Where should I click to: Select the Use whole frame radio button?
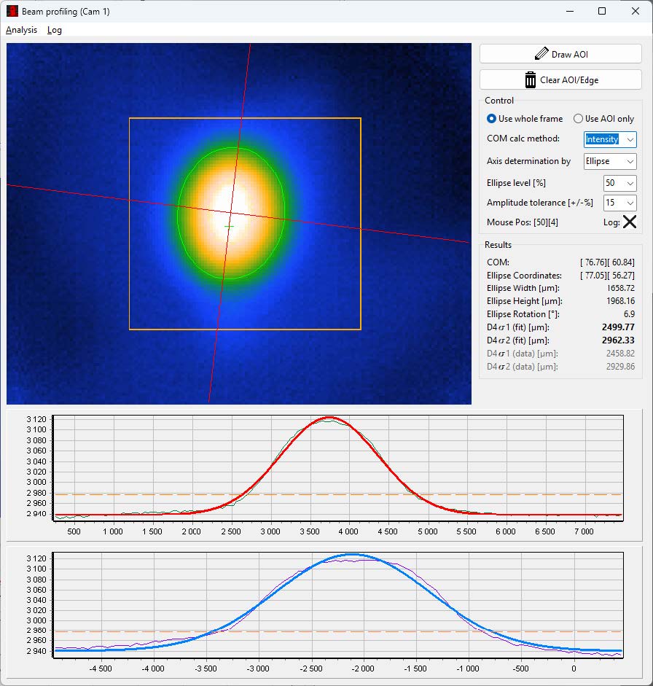pos(492,119)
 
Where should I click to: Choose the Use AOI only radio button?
pos(579,119)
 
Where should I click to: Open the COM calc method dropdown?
pos(610,139)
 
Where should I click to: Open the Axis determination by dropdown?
pos(610,161)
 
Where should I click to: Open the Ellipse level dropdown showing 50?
pos(619,183)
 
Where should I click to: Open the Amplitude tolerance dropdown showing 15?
pos(619,203)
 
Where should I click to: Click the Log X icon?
pos(629,222)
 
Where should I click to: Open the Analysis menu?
pos(21,30)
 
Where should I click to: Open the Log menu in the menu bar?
pos(54,30)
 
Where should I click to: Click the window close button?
pos(635,11)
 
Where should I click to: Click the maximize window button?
pos(602,11)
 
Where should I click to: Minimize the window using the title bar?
pos(568,11)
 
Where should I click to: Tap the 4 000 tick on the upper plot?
pos(348,532)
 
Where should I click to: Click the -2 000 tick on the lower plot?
pos(363,669)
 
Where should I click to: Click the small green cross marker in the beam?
pos(229,227)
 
